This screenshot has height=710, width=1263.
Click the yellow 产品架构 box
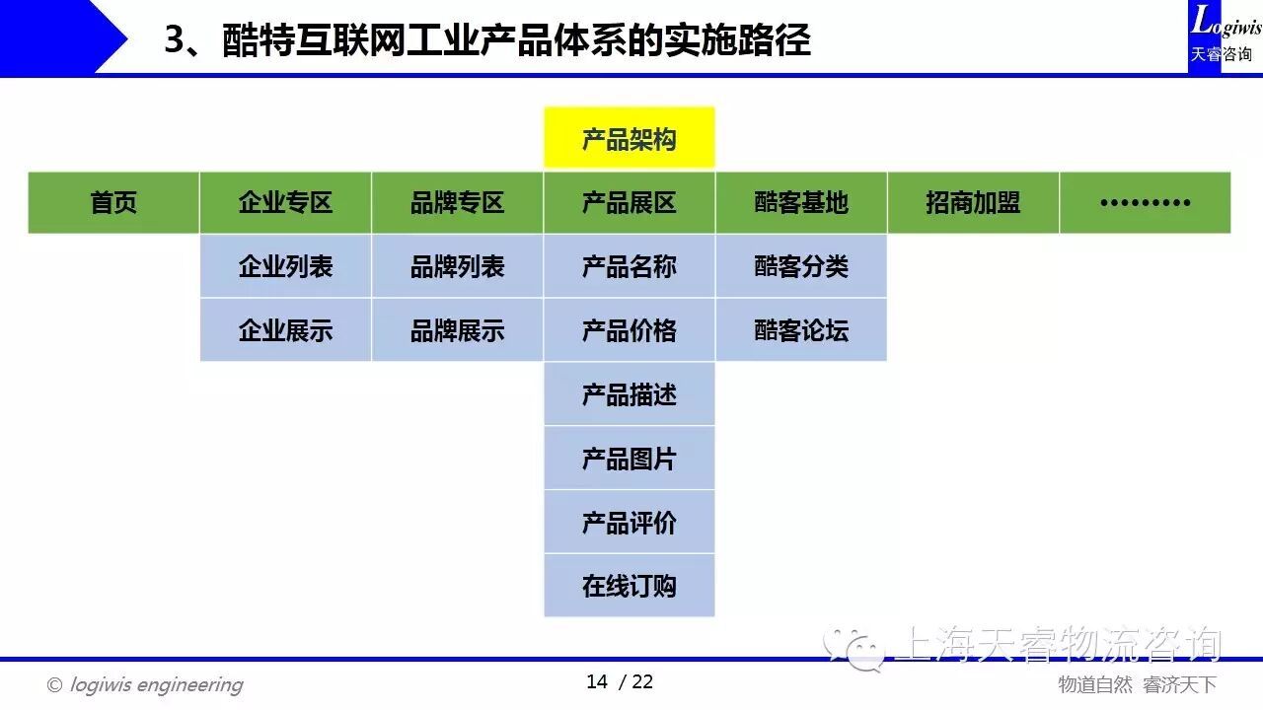click(x=630, y=137)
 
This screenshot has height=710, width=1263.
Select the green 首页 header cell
click(x=113, y=203)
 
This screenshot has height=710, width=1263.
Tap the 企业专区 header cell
click(x=285, y=203)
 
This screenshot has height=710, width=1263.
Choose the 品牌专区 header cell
click(x=457, y=203)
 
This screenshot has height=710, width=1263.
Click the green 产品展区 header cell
click(x=630, y=203)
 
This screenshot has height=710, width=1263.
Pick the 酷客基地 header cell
click(x=801, y=203)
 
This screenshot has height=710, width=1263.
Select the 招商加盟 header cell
click(x=973, y=203)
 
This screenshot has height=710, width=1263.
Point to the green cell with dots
click(x=1146, y=203)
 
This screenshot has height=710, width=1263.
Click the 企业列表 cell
click(x=285, y=266)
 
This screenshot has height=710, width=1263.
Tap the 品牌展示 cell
click(x=457, y=330)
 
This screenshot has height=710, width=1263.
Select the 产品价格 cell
click(x=630, y=330)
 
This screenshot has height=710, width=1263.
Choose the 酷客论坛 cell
click(x=801, y=330)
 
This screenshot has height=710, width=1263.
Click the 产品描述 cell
click(x=630, y=393)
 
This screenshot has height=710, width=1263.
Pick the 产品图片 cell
click(x=630, y=458)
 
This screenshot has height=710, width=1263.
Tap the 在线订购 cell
click(x=630, y=586)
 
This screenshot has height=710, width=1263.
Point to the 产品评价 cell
click(x=630, y=522)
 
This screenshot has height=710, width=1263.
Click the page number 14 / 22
click(x=620, y=681)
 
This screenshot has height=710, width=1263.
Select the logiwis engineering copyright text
click(x=145, y=685)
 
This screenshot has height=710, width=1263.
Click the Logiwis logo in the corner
click(x=1225, y=36)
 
